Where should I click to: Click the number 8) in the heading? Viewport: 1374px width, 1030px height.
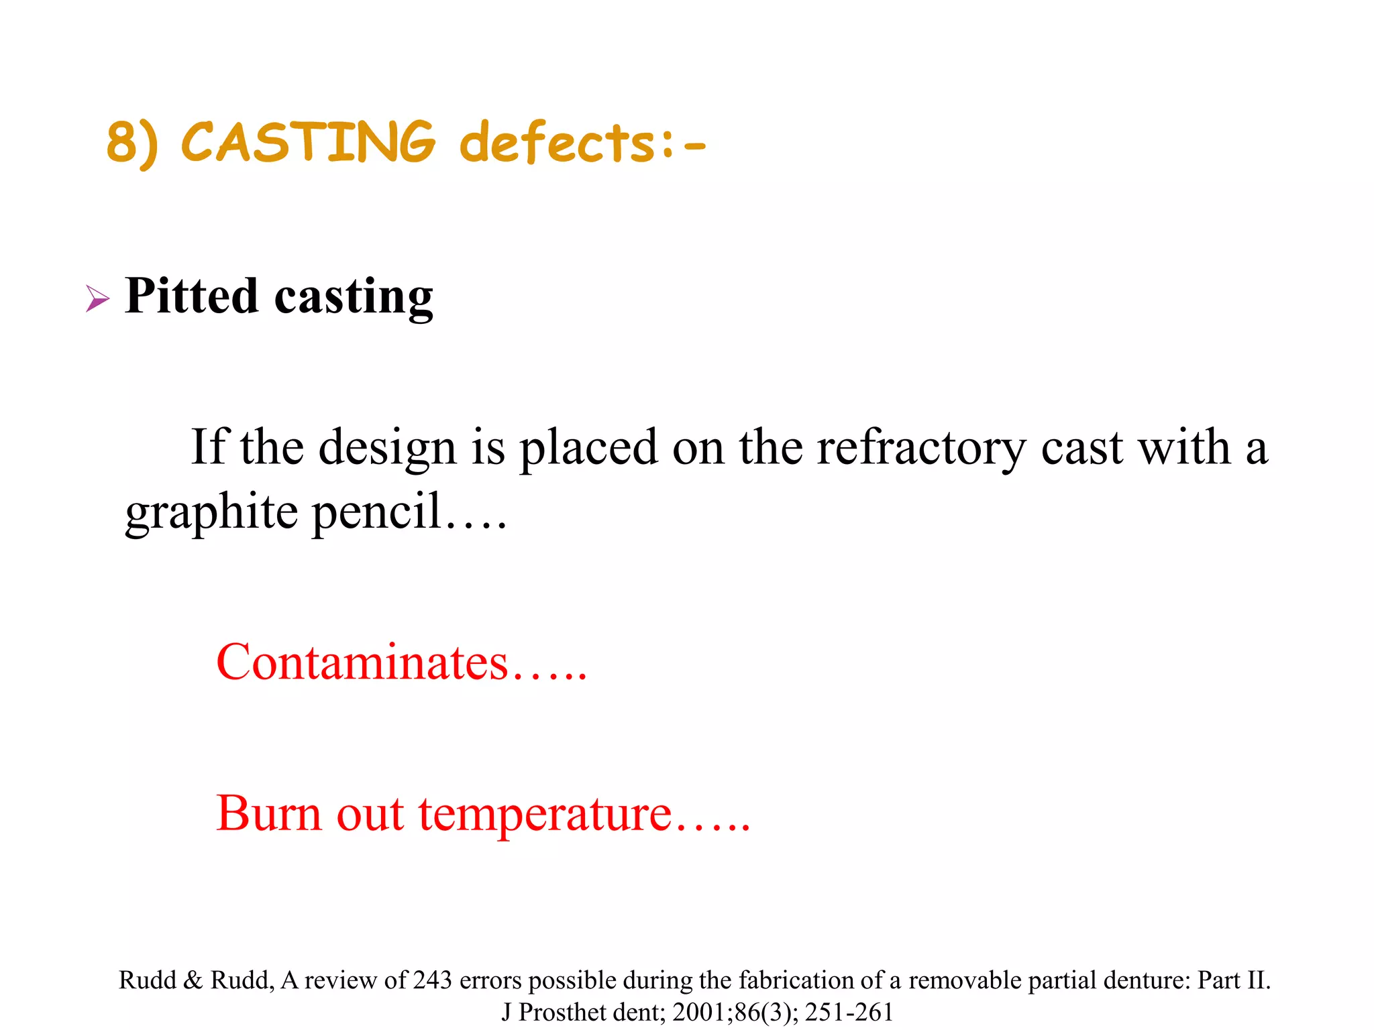(132, 143)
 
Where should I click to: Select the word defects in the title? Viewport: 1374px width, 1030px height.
(556, 142)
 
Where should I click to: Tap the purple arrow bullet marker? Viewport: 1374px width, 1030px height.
(97, 298)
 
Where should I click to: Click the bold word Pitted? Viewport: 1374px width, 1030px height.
(191, 296)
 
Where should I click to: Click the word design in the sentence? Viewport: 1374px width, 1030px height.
(386, 448)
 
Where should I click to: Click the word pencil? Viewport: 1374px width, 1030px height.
(377, 512)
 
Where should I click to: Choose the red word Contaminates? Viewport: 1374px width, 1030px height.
(362, 663)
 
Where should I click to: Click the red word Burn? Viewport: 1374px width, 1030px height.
(268, 813)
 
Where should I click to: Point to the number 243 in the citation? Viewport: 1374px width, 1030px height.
(432, 980)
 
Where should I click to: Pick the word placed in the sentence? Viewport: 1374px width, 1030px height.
(588, 448)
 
